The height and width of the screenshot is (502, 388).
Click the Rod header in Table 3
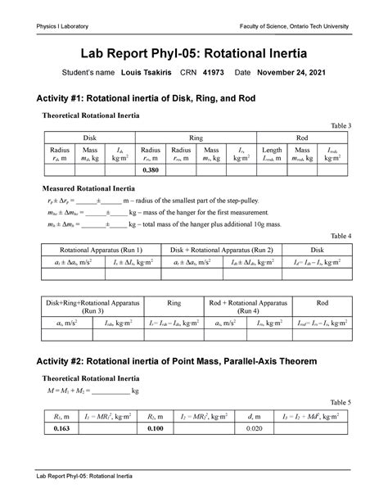[302, 138]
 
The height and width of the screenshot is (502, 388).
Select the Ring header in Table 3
[196, 138]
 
